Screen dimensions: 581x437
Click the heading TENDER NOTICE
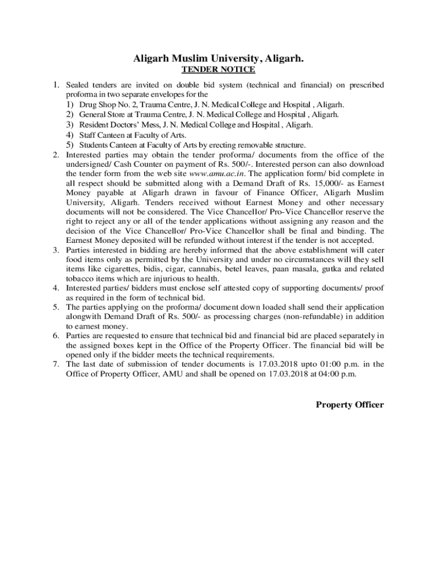[x=218, y=70]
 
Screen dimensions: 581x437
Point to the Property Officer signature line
[x=350, y=405]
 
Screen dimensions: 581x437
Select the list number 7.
[x=56, y=364]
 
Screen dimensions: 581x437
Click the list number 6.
[x=56, y=335]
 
